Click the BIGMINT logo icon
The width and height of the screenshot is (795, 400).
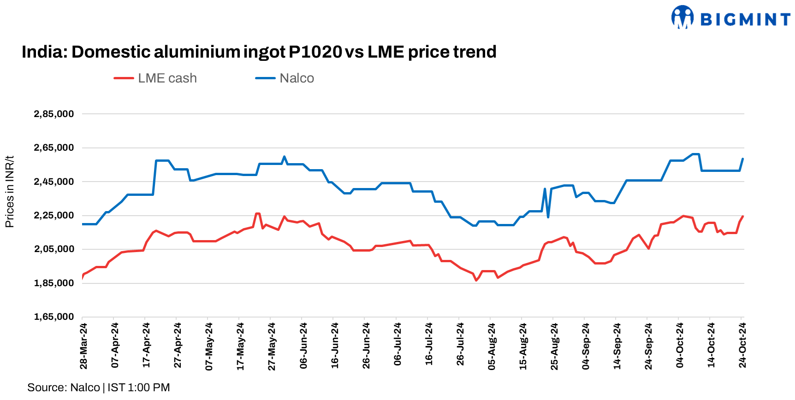click(x=682, y=17)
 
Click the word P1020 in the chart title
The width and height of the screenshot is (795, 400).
click(x=315, y=52)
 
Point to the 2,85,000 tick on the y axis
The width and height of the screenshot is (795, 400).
click(x=54, y=114)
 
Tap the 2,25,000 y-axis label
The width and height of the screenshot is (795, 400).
click(x=54, y=215)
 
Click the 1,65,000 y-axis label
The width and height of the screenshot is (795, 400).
click(x=54, y=317)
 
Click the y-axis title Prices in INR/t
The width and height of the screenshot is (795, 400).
click(x=10, y=192)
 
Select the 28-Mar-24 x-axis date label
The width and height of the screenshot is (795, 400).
click(x=83, y=346)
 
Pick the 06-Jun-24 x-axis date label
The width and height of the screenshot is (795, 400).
click(x=303, y=346)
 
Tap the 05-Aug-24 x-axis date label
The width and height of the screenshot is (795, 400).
click(x=492, y=346)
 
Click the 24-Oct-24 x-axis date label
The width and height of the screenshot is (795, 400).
click(x=742, y=346)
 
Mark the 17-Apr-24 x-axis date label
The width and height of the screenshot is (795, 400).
click(x=146, y=346)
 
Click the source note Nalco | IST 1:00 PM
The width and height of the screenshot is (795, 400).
click(x=99, y=388)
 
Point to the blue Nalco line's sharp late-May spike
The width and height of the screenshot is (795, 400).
click(x=284, y=157)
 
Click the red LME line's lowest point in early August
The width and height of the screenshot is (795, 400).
click(x=476, y=280)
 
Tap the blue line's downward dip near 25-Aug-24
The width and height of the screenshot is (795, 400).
click(x=548, y=217)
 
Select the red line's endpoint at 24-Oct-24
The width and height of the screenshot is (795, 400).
click(x=742, y=216)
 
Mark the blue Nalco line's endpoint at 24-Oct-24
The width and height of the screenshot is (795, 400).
click(x=742, y=159)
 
